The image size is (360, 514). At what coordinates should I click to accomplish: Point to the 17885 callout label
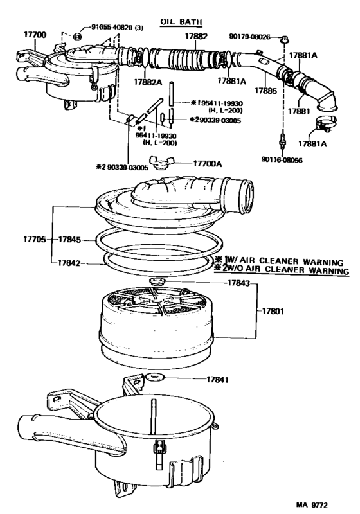(x=264, y=92)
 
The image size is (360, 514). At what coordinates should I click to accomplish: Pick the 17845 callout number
(x=69, y=239)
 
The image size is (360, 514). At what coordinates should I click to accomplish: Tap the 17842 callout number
(x=69, y=262)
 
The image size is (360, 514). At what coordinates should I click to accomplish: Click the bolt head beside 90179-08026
(x=283, y=40)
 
